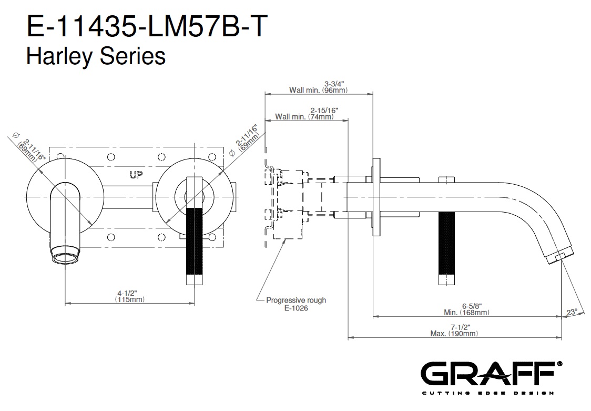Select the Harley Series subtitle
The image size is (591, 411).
[96, 55]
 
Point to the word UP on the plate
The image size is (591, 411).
[136, 175]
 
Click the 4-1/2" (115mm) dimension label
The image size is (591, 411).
[130, 296]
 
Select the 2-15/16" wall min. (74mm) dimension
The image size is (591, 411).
[305, 114]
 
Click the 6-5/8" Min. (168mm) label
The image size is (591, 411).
[467, 309]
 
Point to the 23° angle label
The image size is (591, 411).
[572, 311]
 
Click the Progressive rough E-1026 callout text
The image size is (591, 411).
[295, 304]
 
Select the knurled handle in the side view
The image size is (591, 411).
[445, 250]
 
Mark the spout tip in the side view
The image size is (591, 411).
[558, 257]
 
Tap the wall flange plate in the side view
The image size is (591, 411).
[376, 197]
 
